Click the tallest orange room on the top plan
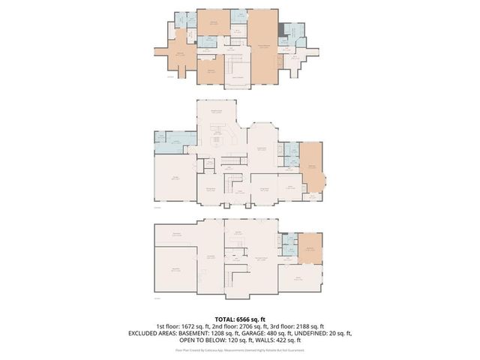(262, 45)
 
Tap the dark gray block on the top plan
(282, 29)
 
